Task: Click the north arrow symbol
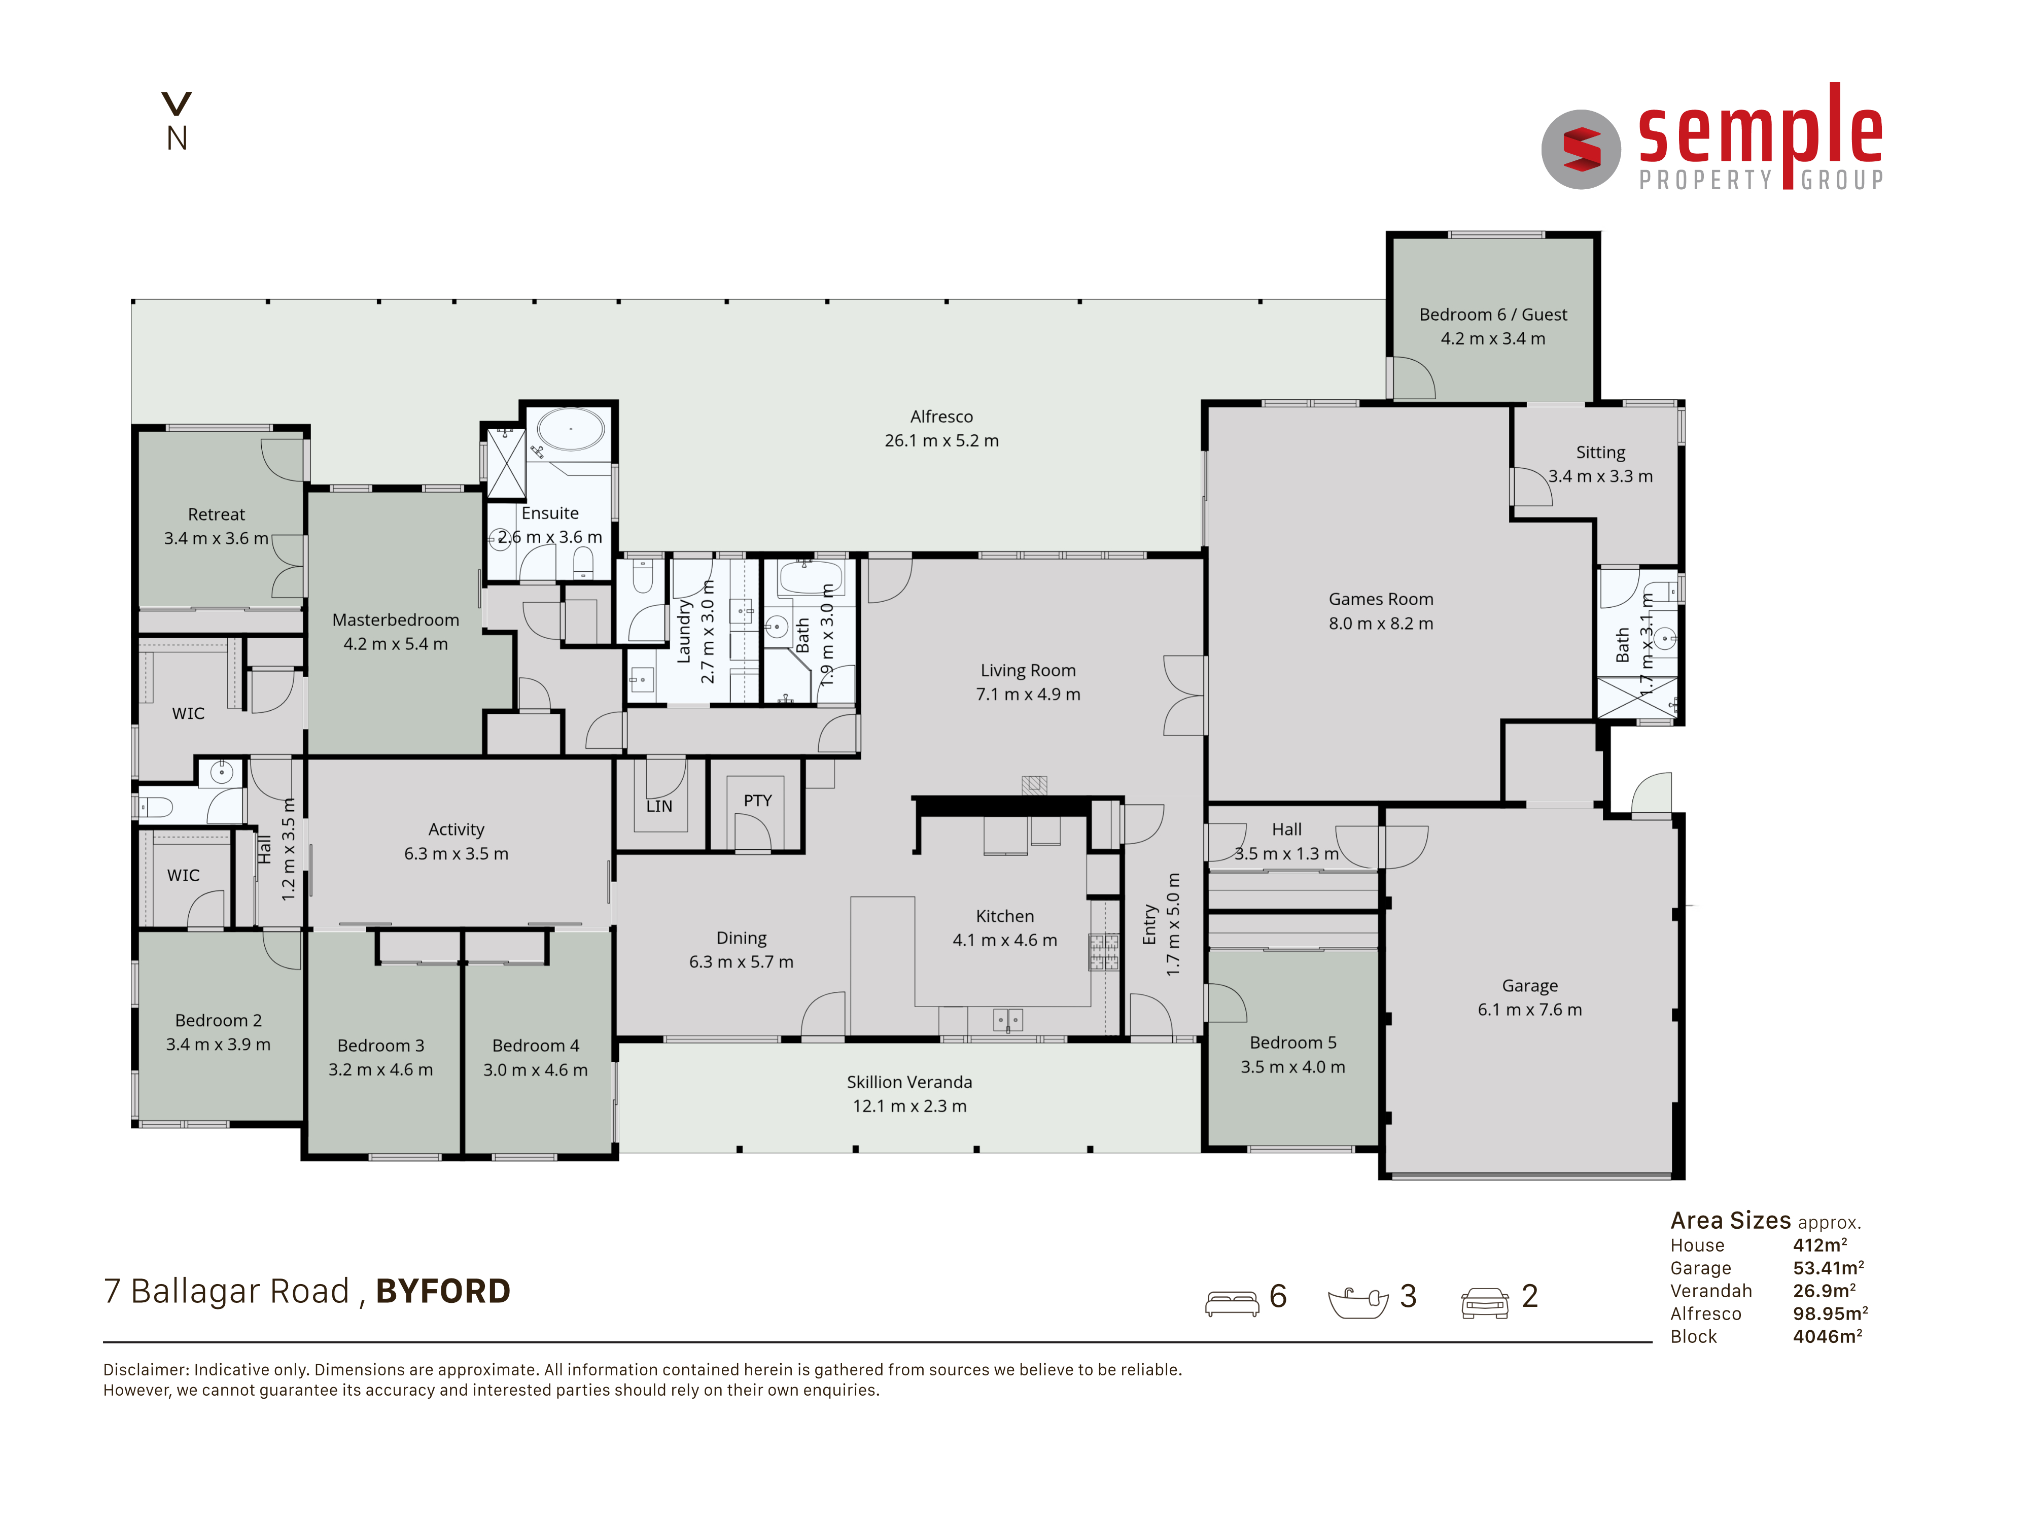point(176,103)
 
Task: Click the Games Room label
point(1381,599)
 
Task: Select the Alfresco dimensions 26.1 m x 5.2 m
point(941,440)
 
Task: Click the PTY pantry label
point(758,800)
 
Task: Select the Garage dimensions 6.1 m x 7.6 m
point(1529,1009)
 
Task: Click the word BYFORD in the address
point(443,1291)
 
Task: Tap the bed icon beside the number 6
point(1232,1303)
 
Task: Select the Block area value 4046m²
point(1827,1337)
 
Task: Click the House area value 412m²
point(1820,1245)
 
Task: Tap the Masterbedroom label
point(395,620)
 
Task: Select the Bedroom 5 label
point(1292,1043)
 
